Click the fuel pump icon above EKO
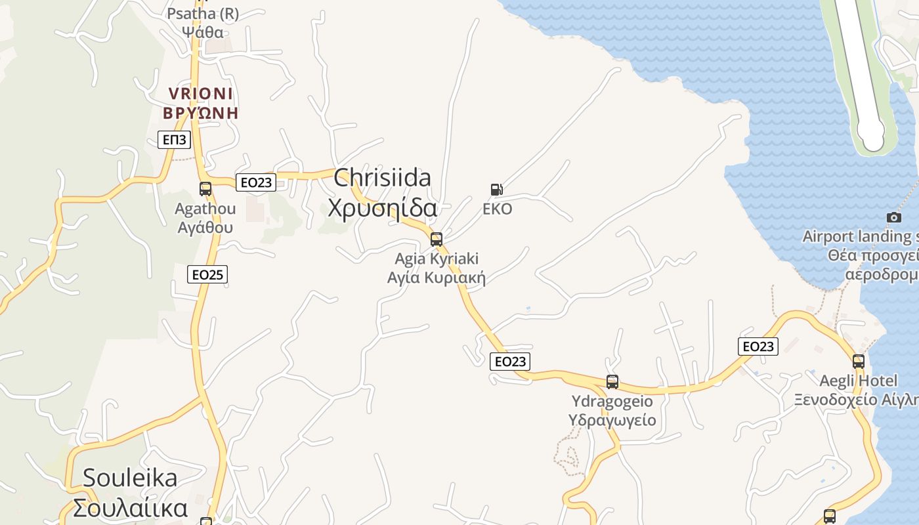click(497, 190)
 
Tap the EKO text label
click(497, 209)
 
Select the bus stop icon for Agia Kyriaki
click(437, 239)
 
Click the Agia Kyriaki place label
click(437, 268)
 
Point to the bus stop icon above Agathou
click(205, 189)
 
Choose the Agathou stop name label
click(205, 218)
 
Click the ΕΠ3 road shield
click(175, 140)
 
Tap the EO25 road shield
click(207, 274)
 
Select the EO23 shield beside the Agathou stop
click(255, 182)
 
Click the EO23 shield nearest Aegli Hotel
click(758, 346)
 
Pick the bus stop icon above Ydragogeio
click(612, 381)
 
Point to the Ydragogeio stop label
click(612, 410)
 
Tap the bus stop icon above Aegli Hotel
click(858, 360)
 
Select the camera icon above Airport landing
click(893, 217)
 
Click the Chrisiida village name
click(383, 192)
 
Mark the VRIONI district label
click(201, 103)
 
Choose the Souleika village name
click(130, 493)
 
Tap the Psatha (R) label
click(203, 22)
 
